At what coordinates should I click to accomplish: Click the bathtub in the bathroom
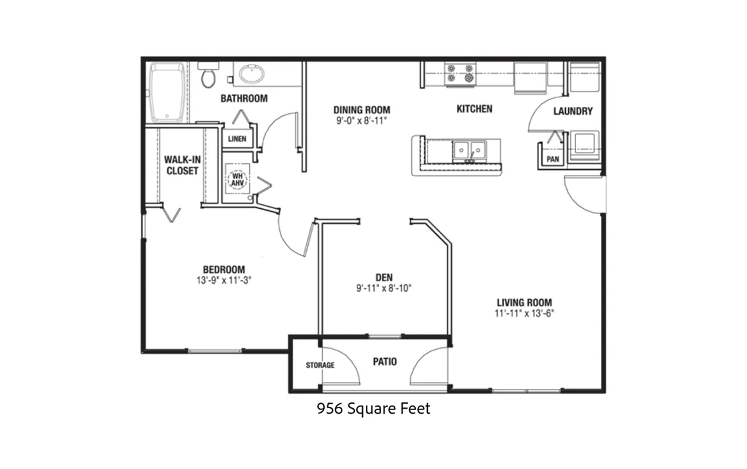(167, 92)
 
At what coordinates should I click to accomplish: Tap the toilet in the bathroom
(208, 76)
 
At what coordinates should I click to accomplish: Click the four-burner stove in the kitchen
(460, 74)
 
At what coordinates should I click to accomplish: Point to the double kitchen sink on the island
(469, 151)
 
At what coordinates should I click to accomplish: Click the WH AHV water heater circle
(237, 179)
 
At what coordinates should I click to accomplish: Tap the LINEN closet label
(237, 138)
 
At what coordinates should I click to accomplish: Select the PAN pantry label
(553, 159)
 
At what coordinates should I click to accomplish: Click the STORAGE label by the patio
(320, 365)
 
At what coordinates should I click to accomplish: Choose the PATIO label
(385, 362)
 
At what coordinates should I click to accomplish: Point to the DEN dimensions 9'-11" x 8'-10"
(384, 288)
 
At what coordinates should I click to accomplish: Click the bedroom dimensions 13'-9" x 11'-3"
(224, 280)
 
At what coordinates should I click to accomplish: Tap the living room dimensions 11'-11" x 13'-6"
(525, 313)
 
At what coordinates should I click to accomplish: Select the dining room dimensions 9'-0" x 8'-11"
(361, 120)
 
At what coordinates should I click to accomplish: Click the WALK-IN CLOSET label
(183, 165)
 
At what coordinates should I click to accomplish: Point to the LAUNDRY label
(573, 111)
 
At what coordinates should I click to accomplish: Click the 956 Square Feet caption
(373, 409)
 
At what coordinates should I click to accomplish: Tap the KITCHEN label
(475, 109)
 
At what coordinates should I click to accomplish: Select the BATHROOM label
(244, 98)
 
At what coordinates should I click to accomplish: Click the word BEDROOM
(224, 269)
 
